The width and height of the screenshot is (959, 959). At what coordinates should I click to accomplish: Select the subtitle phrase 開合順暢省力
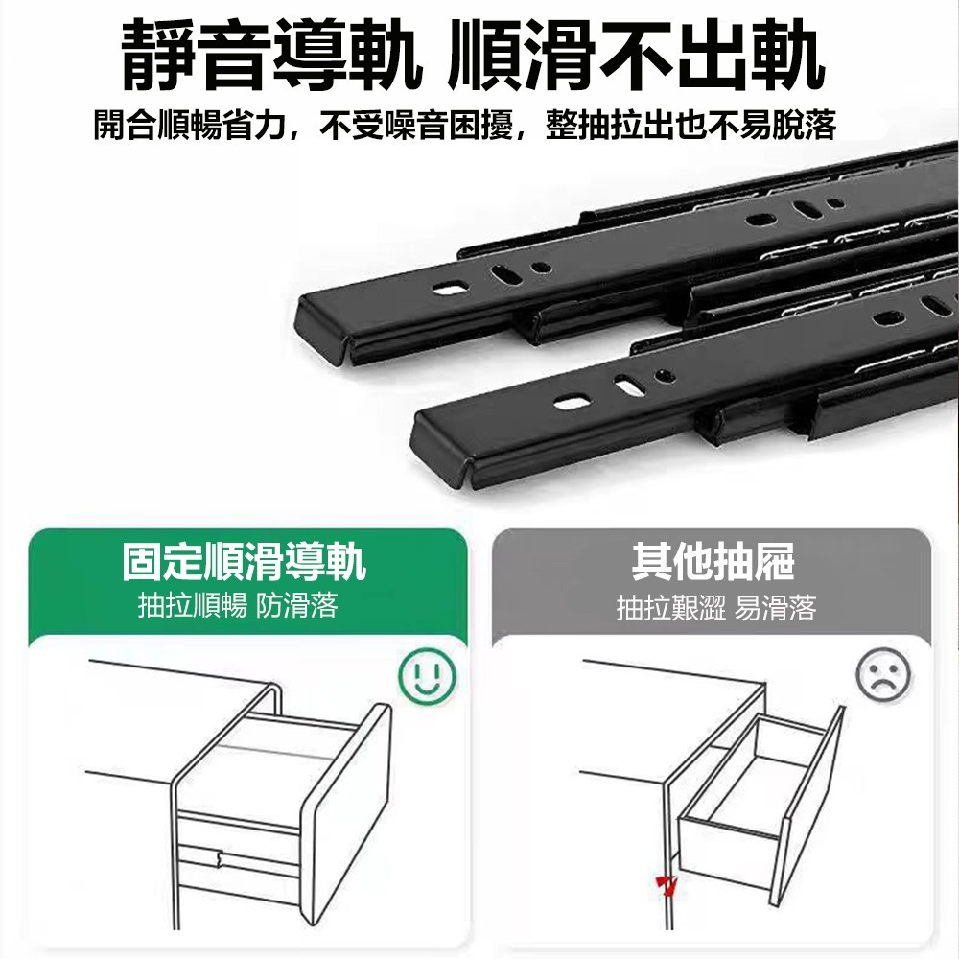click(x=192, y=125)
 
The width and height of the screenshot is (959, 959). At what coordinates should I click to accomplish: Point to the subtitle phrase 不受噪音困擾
click(x=418, y=125)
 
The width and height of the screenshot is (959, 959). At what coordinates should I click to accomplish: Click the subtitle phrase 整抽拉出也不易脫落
click(x=690, y=125)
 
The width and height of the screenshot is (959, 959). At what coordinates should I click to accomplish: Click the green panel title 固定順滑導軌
click(x=245, y=562)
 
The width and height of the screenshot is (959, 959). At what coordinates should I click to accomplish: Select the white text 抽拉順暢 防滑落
click(x=238, y=606)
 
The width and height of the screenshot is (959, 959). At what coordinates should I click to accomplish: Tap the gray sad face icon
click(x=883, y=676)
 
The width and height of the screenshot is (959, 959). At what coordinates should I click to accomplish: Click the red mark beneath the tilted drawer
click(x=665, y=883)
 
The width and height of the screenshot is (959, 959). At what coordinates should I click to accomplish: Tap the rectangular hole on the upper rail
click(x=448, y=288)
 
